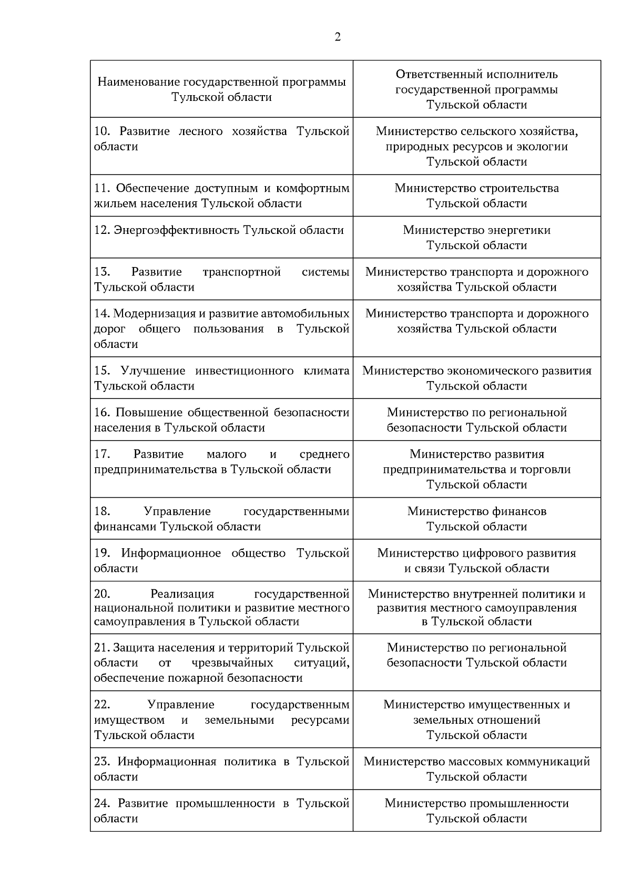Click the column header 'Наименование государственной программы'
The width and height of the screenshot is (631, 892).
point(221,83)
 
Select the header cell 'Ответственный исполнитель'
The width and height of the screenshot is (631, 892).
point(476,75)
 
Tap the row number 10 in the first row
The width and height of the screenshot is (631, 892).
point(101,131)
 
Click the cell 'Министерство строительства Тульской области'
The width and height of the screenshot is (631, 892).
point(476,196)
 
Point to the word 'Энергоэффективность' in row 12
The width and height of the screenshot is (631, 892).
point(177,230)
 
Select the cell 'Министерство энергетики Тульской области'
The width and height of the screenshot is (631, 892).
point(476,238)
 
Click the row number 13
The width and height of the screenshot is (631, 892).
point(101,272)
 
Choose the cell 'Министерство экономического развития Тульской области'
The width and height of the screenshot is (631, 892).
point(476,378)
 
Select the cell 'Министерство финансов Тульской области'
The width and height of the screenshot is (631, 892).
point(476,519)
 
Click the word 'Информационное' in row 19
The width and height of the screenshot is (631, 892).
point(171,553)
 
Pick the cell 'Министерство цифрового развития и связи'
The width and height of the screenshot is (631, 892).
point(476,560)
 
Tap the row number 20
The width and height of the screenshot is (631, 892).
point(101,594)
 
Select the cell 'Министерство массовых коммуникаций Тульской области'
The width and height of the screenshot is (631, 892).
point(476,769)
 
